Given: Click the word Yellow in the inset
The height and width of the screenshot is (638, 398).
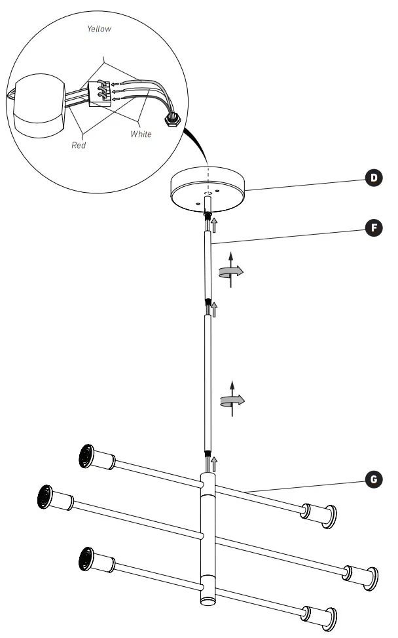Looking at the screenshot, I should [99, 29].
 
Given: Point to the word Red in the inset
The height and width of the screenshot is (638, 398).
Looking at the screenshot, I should [79, 145].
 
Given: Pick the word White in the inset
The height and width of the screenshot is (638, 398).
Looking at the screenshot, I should [141, 134].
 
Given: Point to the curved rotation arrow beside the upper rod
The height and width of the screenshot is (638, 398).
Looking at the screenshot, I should [230, 271].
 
